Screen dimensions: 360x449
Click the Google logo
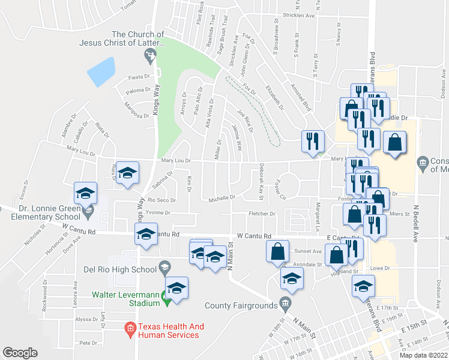pyautogui.click(x=20, y=353)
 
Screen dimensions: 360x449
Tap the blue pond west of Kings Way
pyautogui.click(x=101, y=73)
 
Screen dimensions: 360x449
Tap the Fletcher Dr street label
pyautogui.click(x=262, y=214)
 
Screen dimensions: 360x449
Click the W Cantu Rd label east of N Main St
pyautogui.click(x=254, y=236)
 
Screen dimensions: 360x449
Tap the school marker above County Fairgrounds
pyautogui.click(x=292, y=278)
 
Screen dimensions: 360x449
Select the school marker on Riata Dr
pyautogui.click(x=127, y=173)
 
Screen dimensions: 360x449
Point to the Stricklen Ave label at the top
pyautogui.click(x=298, y=16)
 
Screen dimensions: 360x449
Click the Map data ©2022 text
pyautogui.click(x=423, y=355)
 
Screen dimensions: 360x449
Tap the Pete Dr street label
pyautogui.click(x=88, y=343)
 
